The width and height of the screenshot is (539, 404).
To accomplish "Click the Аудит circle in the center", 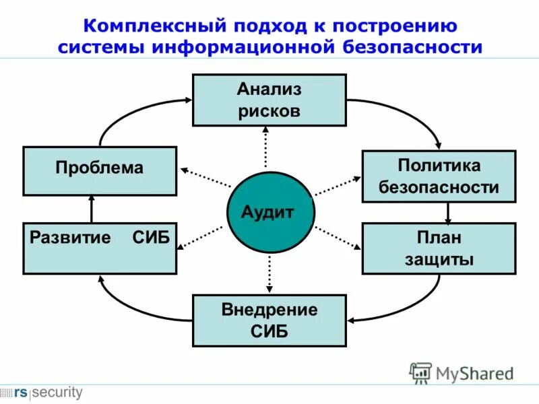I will point(269,213).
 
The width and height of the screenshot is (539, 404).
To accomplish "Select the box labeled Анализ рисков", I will point(269,100).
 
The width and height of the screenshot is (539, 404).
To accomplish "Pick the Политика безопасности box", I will point(439,176).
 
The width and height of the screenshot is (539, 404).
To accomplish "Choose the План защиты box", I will point(439,248).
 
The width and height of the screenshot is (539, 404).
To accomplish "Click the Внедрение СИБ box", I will point(269,320).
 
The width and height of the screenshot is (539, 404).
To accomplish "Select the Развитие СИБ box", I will point(100,248).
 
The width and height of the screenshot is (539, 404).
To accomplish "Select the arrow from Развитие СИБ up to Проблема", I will point(92,209).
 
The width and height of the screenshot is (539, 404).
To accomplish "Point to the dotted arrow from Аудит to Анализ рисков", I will point(265,148).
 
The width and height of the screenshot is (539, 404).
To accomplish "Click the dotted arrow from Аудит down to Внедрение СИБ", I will point(269,272).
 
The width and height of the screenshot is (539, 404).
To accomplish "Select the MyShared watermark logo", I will point(461,372).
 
